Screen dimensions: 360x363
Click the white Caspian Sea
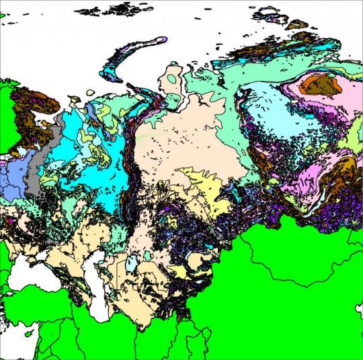(x=95, y=296)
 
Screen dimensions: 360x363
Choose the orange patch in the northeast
(x=321, y=83)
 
